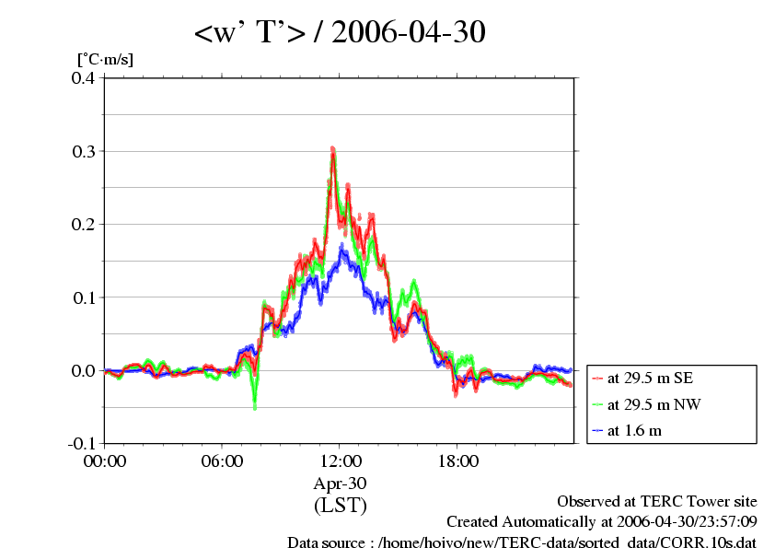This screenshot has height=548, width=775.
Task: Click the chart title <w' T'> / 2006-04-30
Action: (x=340, y=33)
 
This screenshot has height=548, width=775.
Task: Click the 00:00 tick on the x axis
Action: (x=104, y=461)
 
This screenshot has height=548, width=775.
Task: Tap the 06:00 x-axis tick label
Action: (x=222, y=461)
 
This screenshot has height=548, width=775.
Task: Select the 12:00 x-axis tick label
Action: (x=340, y=461)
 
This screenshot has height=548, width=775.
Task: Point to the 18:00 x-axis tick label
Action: (x=457, y=461)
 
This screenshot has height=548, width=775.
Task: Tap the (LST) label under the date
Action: (x=340, y=506)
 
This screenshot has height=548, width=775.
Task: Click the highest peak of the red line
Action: (x=332, y=148)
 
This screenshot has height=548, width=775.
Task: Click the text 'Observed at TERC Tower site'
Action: (x=656, y=502)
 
